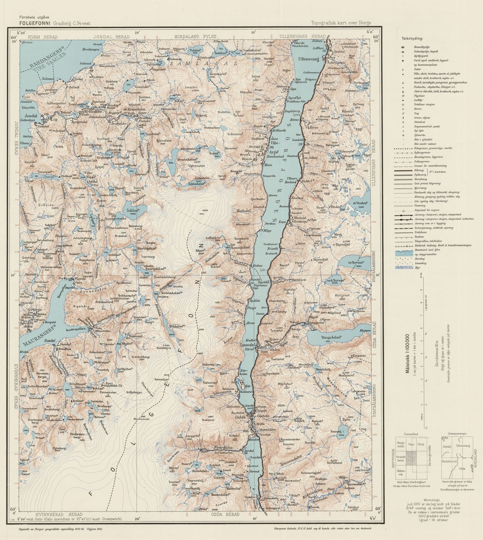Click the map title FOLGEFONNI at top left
tap(35, 23)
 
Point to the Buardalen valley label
tap(223, 447)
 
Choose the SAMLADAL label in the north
tap(204, 63)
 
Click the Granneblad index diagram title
tap(411, 433)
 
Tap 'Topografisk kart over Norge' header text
tap(341, 23)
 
